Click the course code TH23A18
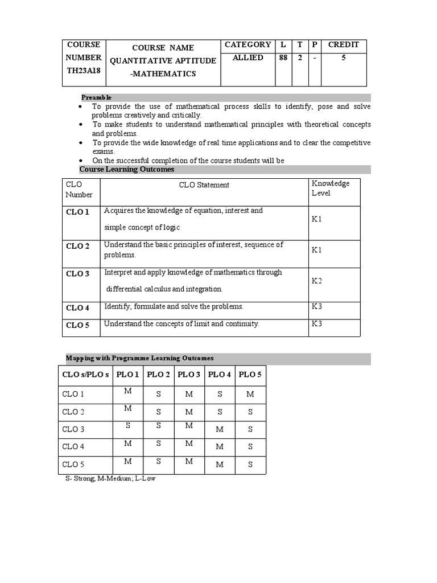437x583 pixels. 83,71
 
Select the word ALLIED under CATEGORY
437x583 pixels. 248,58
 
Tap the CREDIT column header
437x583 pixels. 344,44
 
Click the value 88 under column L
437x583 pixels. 283,58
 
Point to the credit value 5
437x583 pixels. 344,58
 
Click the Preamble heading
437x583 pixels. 96,97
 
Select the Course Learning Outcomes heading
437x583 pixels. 127,169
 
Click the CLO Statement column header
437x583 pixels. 204,184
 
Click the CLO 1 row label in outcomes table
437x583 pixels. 78,212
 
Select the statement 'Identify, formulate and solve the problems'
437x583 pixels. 174,306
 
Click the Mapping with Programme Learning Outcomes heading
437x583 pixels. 140,358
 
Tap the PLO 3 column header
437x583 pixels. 189,374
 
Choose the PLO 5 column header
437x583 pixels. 250,374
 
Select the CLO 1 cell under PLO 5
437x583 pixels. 250,394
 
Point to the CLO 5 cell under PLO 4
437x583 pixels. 220,465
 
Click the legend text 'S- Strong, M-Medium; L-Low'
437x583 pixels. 110,479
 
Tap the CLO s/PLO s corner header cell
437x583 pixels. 85,375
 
